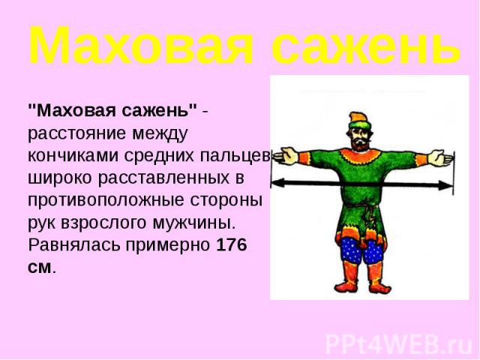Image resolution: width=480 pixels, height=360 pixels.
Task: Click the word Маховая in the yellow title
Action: point(141,45)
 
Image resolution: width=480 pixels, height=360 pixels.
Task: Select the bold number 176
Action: point(232,245)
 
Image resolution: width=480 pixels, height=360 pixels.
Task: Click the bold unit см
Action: point(40,267)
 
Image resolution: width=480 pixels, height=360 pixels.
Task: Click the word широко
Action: point(60,178)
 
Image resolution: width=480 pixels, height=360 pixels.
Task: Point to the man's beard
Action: point(361,145)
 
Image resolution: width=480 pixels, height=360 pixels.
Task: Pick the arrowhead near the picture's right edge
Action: point(445,185)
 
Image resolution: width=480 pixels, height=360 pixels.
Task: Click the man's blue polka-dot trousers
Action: point(361,250)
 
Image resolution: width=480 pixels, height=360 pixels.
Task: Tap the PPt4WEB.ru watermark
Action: point(399,345)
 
